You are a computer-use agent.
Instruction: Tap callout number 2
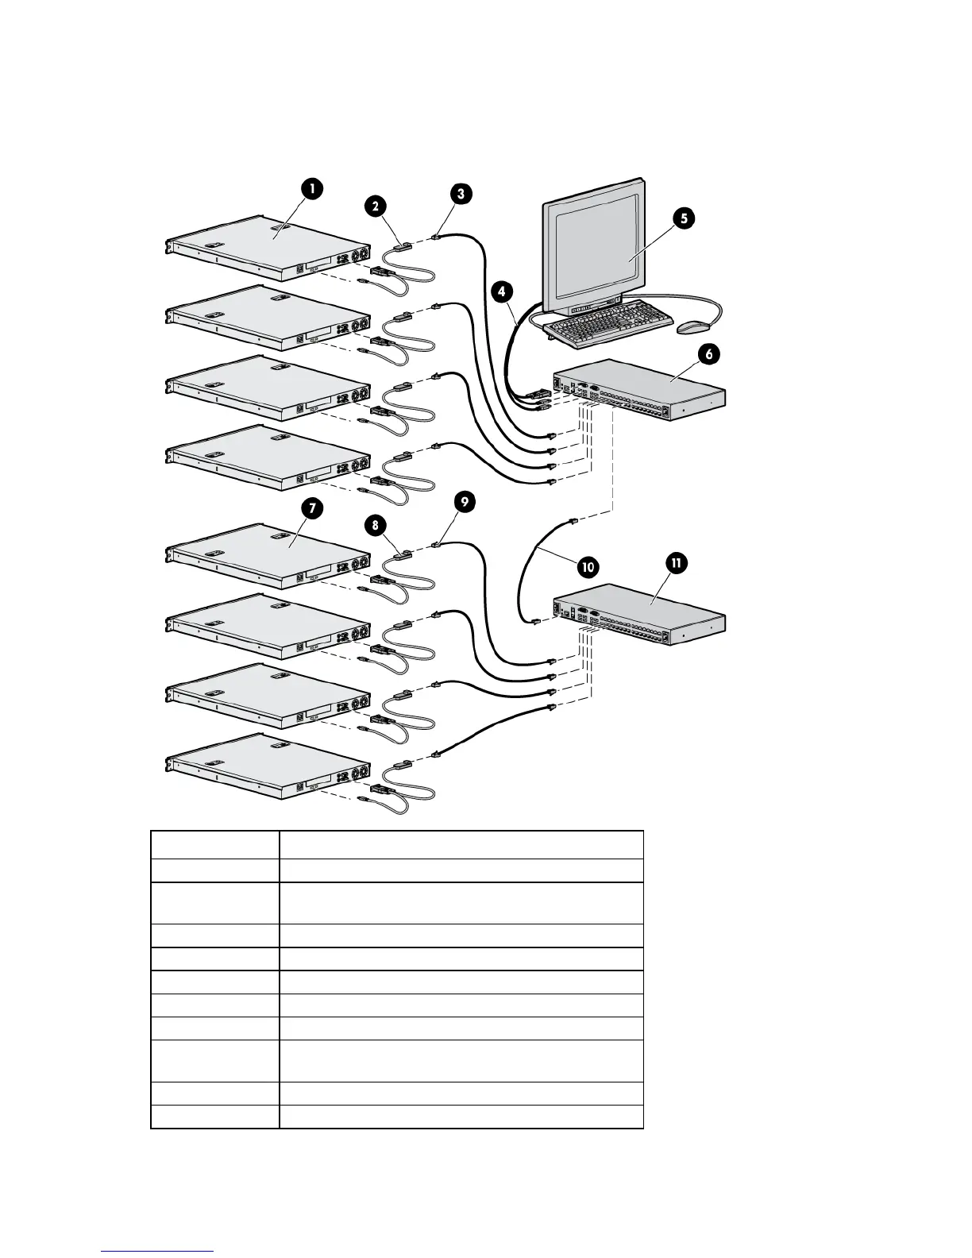click(x=375, y=205)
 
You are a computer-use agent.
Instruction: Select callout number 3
click(x=461, y=192)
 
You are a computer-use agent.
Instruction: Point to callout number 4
click(x=500, y=291)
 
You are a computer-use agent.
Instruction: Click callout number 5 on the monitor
click(x=682, y=216)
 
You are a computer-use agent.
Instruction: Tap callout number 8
click(x=375, y=525)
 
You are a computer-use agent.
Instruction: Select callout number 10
click(x=588, y=567)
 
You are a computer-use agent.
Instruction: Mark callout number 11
click(x=676, y=563)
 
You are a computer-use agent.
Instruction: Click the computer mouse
click(x=692, y=326)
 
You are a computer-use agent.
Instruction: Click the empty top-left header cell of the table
click(x=214, y=843)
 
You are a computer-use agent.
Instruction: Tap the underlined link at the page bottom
click(x=158, y=1252)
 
